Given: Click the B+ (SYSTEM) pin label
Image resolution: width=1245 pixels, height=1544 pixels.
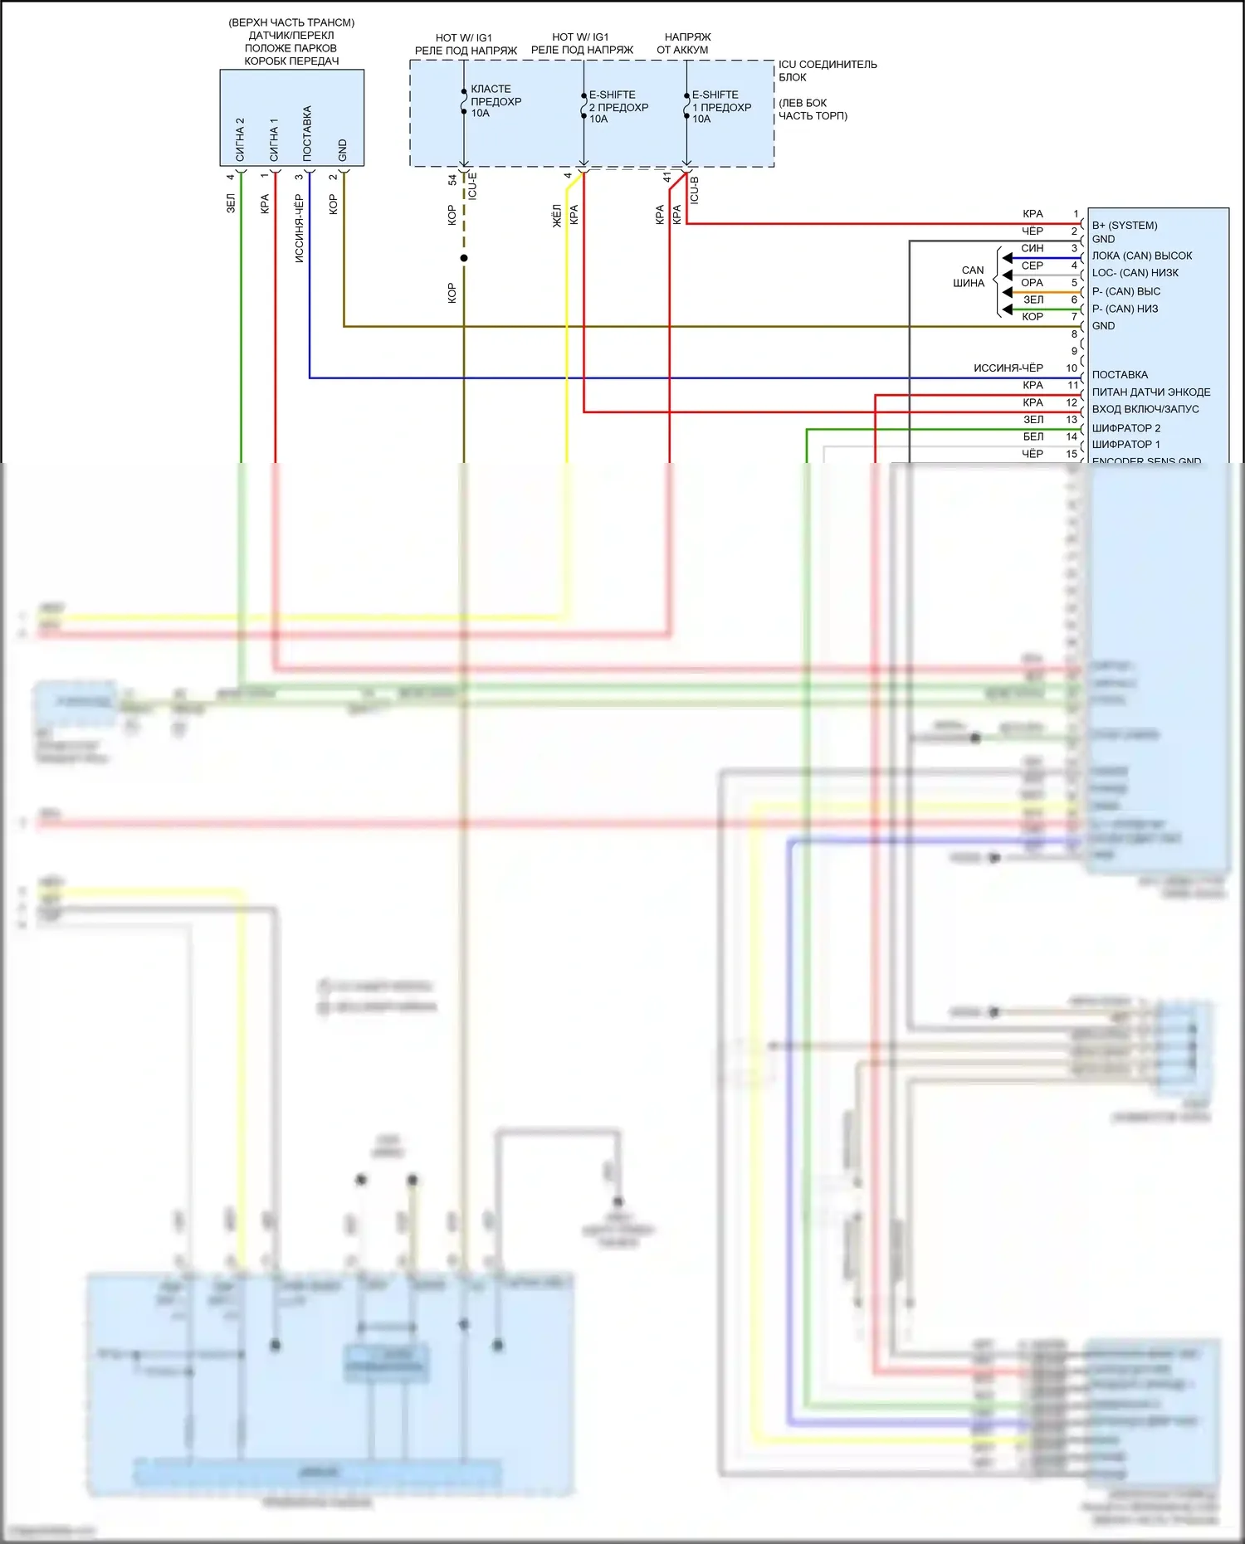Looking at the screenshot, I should pos(1124,226).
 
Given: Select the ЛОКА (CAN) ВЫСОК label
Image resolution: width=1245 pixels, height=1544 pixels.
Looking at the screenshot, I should pos(1141,256).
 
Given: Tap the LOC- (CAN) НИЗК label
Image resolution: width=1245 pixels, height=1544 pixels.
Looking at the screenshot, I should pos(1135,273).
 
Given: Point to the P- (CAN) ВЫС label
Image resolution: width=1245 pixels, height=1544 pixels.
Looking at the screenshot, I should pos(1125,291).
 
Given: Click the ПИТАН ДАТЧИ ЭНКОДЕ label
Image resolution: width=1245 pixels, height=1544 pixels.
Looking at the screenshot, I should pos(1150,392).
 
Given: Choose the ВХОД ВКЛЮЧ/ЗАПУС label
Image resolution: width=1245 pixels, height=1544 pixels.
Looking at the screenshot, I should pos(1145,409).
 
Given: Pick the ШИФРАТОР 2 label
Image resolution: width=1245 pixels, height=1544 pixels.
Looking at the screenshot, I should pos(1125,428).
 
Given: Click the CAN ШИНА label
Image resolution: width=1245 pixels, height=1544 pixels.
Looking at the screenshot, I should pos(969,276).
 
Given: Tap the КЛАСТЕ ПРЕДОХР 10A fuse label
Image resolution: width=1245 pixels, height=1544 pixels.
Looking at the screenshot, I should pos(496,101).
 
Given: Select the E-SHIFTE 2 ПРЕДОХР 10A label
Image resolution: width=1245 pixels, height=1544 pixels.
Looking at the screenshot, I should pos(618,107).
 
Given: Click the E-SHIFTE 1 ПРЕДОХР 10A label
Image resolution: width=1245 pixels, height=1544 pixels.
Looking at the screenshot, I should pos(721,107).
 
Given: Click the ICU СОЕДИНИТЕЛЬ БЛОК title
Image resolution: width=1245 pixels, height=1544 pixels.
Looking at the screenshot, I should pos(827,71).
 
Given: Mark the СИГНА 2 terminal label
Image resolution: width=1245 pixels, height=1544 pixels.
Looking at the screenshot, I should pos(240,139).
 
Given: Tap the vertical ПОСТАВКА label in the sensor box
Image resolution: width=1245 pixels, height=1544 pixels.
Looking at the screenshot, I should pos(307,134).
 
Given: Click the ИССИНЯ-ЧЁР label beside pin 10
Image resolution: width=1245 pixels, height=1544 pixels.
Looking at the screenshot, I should pos(1008,368).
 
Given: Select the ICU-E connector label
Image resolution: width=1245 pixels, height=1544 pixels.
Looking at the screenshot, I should pos(472,186).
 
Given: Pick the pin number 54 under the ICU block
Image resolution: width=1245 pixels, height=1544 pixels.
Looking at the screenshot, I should pos(452,179).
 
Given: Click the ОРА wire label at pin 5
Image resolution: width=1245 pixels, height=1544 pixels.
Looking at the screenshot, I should pos(1032,283).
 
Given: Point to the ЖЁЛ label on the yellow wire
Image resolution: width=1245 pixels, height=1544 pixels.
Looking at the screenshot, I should pos(557,216).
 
